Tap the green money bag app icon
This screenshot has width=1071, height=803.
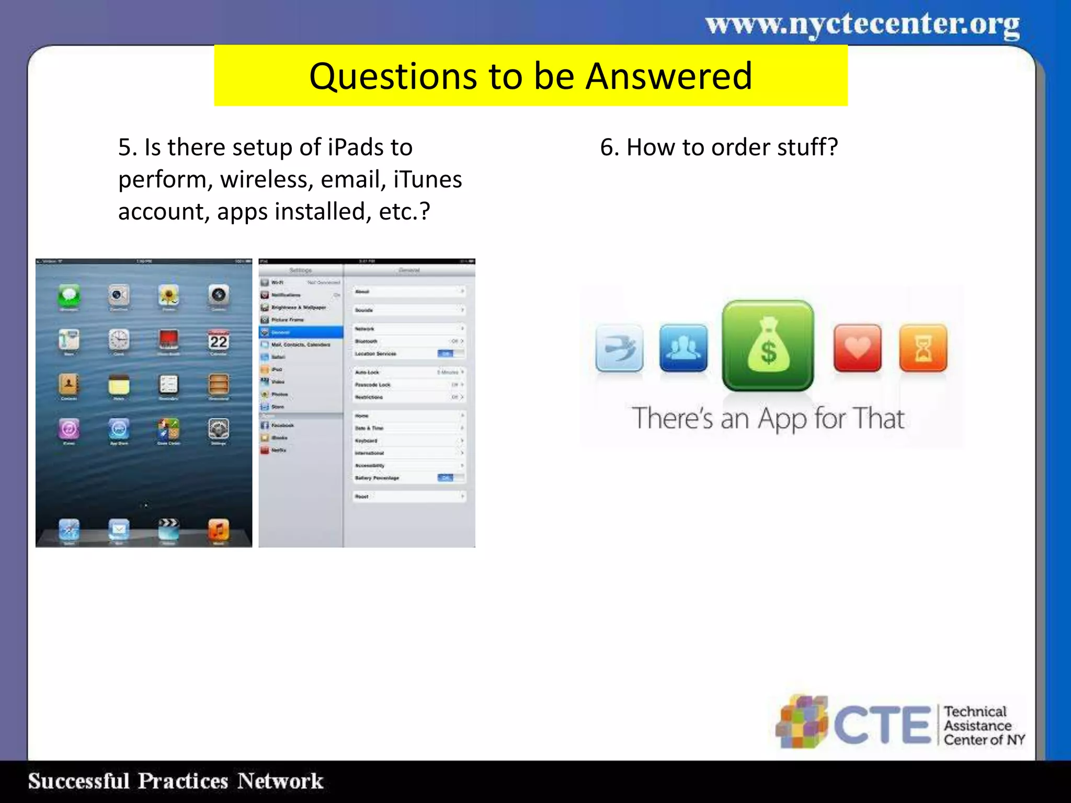(x=768, y=346)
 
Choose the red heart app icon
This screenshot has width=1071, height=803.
(x=857, y=348)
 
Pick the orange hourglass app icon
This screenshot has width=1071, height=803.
(x=923, y=348)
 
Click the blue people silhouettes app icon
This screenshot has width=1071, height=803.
(x=683, y=348)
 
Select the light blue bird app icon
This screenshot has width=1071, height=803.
(x=619, y=348)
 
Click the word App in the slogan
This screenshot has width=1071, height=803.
(x=782, y=419)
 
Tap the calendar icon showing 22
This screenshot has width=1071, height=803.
(x=219, y=340)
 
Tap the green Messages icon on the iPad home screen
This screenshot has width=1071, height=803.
(x=69, y=295)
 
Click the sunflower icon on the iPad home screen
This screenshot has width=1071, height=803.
(x=168, y=295)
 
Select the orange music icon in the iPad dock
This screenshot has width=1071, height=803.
(x=219, y=530)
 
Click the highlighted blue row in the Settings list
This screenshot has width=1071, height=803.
(x=301, y=332)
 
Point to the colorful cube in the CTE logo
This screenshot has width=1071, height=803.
(x=802, y=722)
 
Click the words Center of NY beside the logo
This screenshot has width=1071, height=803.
(x=984, y=740)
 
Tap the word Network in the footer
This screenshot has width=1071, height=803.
(x=280, y=781)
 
